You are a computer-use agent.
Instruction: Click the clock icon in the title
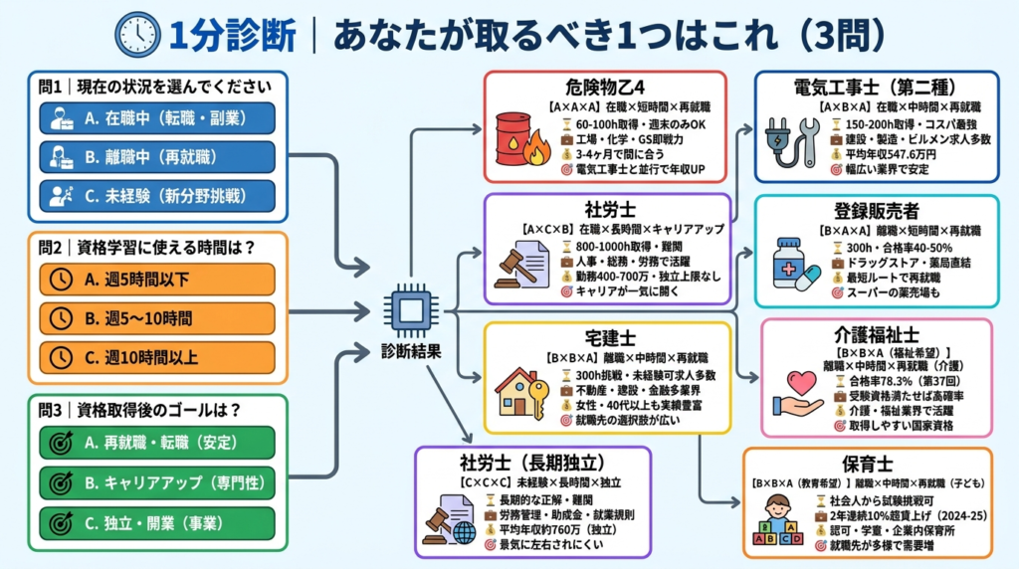(x=138, y=34)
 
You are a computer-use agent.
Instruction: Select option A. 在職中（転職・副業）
(x=159, y=118)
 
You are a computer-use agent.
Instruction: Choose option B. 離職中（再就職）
(x=159, y=157)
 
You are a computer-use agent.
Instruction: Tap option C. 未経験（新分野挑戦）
(x=159, y=195)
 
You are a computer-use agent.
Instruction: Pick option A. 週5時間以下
(x=159, y=281)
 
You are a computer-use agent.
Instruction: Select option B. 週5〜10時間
(x=159, y=318)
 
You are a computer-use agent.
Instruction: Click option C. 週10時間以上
(x=159, y=356)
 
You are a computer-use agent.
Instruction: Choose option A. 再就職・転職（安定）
(x=159, y=442)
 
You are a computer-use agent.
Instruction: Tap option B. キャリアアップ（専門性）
(x=159, y=481)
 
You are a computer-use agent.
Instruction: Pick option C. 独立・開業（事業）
(x=159, y=521)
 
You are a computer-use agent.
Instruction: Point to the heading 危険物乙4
(x=605, y=86)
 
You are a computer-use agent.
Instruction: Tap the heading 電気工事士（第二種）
(x=876, y=86)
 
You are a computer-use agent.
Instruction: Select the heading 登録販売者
(x=876, y=212)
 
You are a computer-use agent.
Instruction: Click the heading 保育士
(x=870, y=465)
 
